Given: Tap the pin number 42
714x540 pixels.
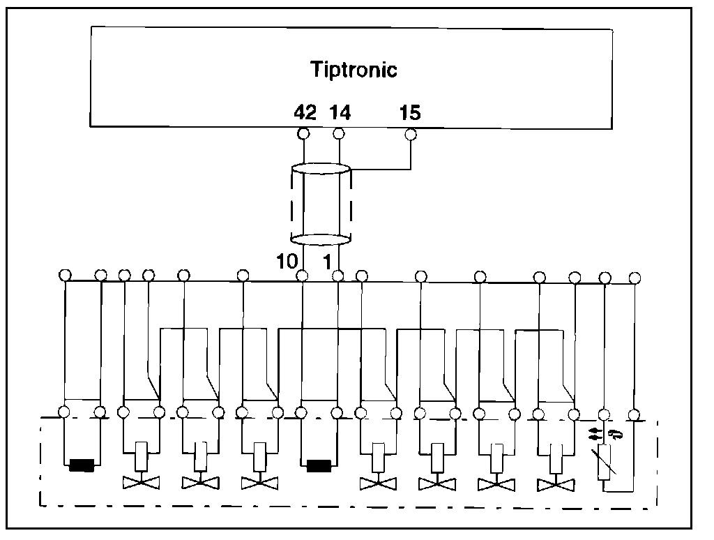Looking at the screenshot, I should tap(305, 112).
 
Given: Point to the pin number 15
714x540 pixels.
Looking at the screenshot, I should tap(409, 112).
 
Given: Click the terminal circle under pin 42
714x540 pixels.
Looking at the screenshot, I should tap(304, 133).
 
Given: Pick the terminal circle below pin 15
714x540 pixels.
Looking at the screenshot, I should tap(411, 133).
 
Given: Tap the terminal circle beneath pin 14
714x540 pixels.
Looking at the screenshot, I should tap(339, 133).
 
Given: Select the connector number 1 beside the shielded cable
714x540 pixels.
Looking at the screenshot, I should tap(325, 261).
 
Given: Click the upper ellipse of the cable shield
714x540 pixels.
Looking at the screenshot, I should tap(320, 169).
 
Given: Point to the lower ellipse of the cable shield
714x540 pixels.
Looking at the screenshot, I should tap(320, 240).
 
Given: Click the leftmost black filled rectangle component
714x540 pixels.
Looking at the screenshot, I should tap(82, 465).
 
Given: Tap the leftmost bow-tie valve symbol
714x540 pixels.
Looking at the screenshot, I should tap(141, 482).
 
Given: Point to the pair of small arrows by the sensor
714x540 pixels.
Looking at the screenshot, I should tap(593, 434).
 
